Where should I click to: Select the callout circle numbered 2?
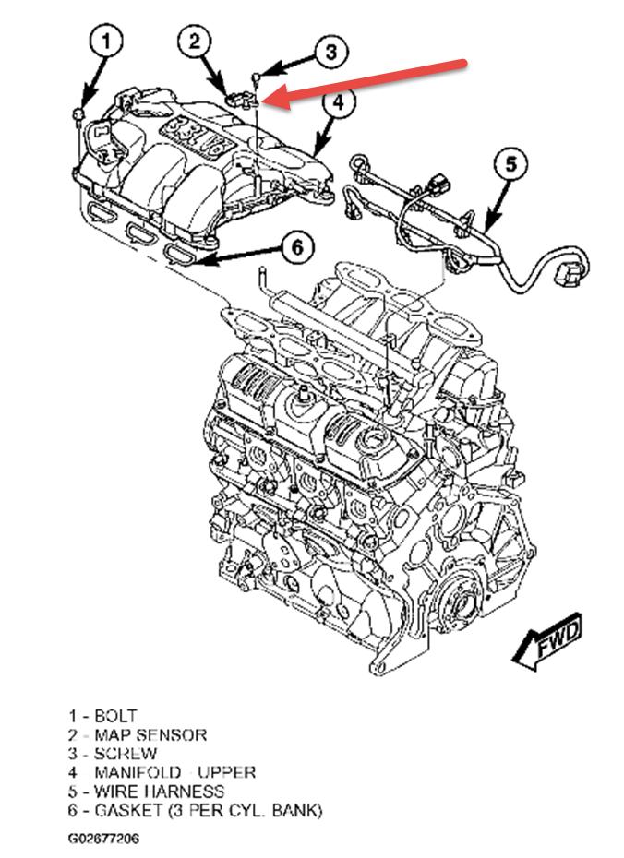196,41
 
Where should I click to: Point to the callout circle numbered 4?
339,103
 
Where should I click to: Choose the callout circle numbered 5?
510,165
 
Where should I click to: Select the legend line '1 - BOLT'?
102,715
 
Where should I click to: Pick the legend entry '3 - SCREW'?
111,753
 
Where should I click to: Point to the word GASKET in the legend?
126,810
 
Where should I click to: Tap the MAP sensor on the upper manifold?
243,98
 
